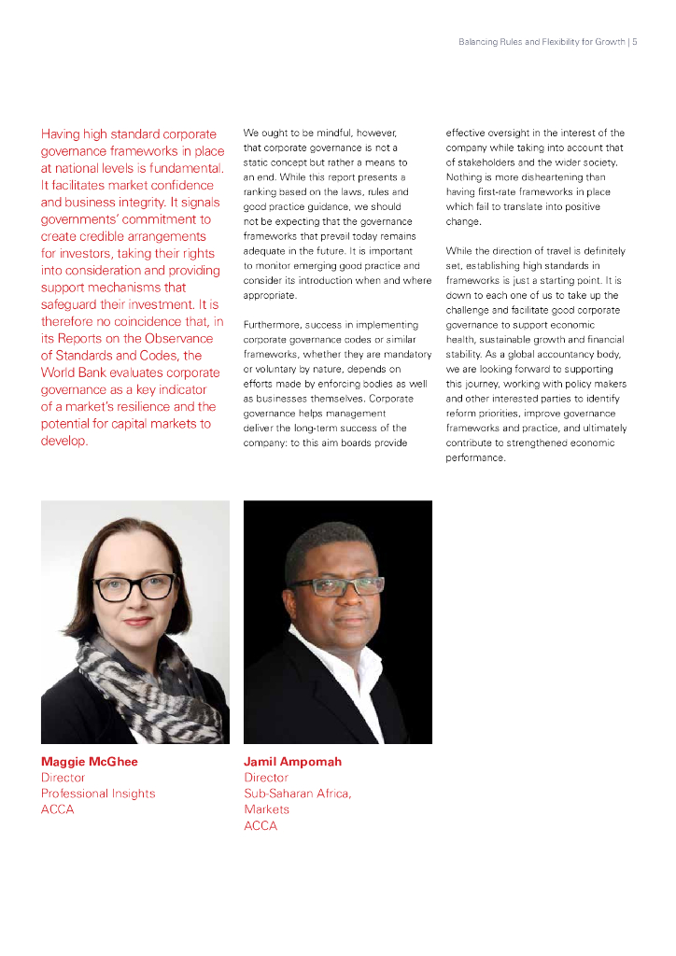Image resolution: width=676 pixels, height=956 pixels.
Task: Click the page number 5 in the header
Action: click(635, 42)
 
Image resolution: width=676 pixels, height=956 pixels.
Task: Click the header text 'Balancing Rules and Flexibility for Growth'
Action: click(542, 42)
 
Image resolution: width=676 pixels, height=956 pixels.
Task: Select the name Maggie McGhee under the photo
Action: click(89, 762)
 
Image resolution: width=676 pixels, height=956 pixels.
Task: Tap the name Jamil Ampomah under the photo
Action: click(292, 762)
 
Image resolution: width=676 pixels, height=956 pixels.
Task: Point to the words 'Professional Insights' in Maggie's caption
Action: click(98, 794)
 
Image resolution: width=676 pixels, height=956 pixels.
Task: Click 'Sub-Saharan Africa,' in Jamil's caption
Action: click(298, 794)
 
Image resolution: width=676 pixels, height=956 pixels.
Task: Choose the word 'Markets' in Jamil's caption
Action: click(266, 809)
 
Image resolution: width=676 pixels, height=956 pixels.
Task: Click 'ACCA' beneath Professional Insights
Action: click(57, 809)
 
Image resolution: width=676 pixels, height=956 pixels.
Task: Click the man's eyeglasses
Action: click(336, 586)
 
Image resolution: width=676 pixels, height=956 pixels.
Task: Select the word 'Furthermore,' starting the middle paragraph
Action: click(270, 325)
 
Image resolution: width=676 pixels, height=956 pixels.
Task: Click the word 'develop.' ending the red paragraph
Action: click(64, 441)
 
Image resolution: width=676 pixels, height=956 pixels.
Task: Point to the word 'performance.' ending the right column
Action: click(475, 458)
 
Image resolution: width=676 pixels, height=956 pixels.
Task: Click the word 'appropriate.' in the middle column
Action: click(270, 295)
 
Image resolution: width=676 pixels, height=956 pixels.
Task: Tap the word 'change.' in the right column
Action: click(463, 221)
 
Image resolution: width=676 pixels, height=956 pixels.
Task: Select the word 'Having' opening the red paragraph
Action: click(60, 134)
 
